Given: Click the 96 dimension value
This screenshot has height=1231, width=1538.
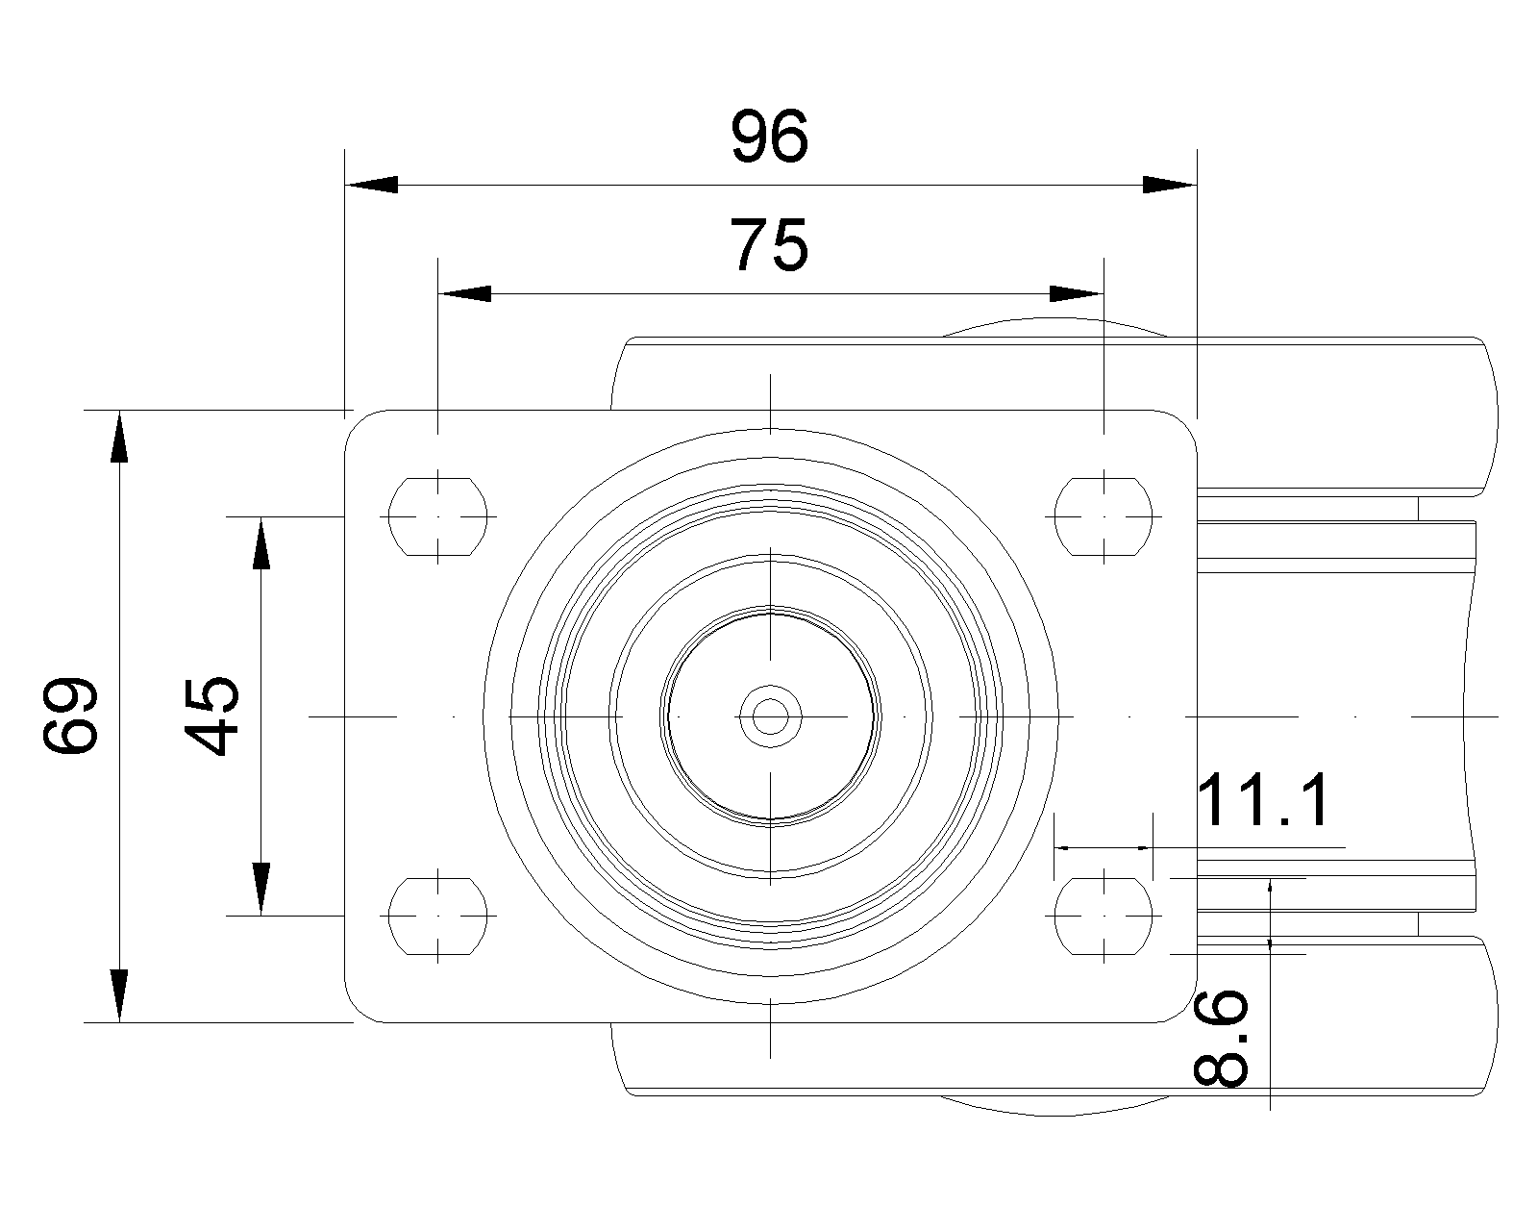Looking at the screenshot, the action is click(x=770, y=137).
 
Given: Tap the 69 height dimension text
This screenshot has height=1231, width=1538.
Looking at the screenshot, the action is click(x=71, y=716).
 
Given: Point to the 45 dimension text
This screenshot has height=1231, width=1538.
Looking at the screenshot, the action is click(x=211, y=716).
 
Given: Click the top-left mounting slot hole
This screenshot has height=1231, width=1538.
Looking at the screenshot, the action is click(x=438, y=515).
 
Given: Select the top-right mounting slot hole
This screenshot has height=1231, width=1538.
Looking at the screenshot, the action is click(x=1104, y=515).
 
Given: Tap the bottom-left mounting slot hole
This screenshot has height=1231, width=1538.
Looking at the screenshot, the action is click(x=438, y=916).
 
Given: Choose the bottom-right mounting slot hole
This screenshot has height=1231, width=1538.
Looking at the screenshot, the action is click(x=1104, y=916).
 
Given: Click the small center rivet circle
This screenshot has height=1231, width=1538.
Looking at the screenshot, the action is click(x=770, y=716).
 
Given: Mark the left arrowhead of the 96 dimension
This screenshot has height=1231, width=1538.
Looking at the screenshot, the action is click(x=372, y=184).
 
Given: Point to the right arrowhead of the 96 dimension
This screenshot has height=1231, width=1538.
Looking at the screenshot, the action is click(x=1170, y=184).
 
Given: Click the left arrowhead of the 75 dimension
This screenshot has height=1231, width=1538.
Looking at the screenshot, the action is click(x=465, y=293).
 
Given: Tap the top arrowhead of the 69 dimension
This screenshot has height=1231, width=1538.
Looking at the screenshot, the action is click(x=119, y=438).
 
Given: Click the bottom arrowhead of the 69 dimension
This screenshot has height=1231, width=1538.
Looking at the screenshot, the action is click(x=119, y=995).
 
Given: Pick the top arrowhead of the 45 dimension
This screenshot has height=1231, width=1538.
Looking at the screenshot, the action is click(x=260, y=543).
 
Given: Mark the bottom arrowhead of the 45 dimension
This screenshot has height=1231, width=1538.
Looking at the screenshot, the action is click(x=260, y=889).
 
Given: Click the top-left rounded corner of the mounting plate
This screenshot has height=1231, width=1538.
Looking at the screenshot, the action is click(x=358, y=422).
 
